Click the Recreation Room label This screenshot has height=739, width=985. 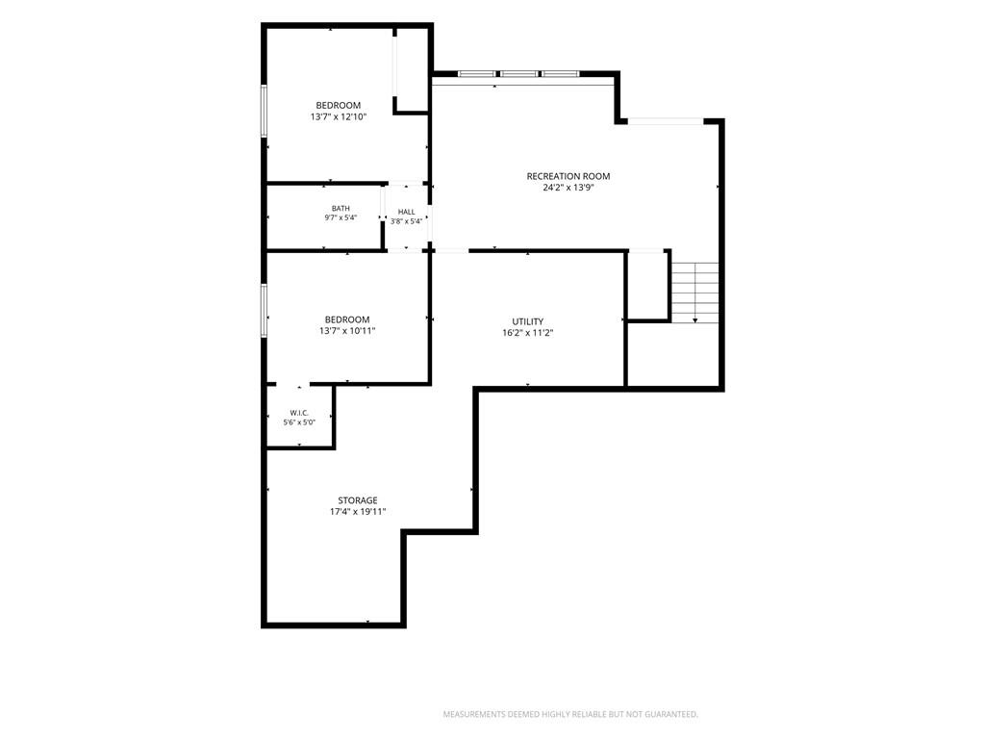point(568,177)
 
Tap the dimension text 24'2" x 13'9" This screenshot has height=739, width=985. point(568,188)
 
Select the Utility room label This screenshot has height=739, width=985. point(528,321)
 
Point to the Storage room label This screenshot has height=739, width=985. point(358,500)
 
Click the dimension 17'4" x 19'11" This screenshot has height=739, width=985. point(358,512)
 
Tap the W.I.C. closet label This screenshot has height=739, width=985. point(299,413)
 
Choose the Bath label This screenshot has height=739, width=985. point(341,209)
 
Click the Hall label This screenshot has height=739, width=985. point(407,213)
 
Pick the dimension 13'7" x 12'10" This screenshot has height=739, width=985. point(338,116)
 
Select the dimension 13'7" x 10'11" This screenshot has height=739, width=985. point(346,331)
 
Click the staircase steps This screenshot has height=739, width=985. point(695,293)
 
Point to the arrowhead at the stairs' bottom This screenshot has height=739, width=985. point(695,321)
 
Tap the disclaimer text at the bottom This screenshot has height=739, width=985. point(570,715)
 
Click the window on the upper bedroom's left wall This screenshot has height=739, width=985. point(265,111)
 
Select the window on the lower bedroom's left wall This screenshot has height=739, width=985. point(265,311)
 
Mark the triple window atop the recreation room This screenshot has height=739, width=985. point(518,74)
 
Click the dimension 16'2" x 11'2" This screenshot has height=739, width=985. point(528,333)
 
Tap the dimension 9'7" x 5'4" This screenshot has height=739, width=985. point(341,218)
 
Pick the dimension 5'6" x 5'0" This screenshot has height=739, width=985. point(299,423)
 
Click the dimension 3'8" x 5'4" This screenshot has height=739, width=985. point(407,222)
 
